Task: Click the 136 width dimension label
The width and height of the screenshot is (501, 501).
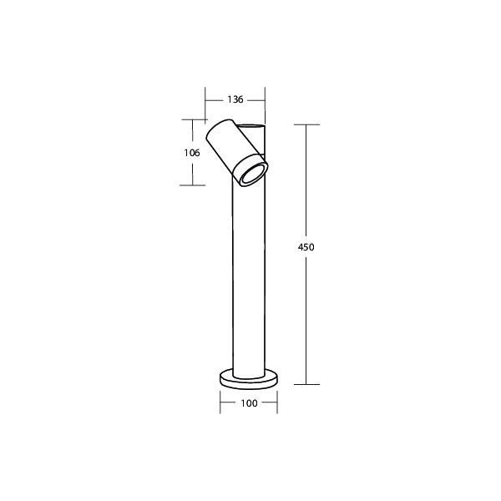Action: (235, 99)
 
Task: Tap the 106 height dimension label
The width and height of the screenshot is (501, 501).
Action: (193, 152)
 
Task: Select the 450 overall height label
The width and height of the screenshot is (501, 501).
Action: (306, 247)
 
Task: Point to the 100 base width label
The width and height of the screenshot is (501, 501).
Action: (248, 402)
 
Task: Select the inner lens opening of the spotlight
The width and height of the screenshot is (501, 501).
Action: (251, 174)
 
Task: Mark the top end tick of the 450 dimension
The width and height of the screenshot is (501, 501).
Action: (306, 124)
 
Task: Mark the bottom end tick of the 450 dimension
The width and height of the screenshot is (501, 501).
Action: (306, 384)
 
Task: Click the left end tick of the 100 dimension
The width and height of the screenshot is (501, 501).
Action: (220, 402)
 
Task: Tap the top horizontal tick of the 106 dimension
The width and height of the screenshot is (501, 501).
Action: (193, 118)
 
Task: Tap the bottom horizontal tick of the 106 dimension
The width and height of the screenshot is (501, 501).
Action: (193, 185)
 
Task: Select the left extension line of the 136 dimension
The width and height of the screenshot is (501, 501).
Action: (205, 104)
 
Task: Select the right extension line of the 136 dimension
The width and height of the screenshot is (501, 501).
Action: (265, 104)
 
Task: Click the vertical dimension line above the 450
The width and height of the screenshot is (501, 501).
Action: (306, 184)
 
